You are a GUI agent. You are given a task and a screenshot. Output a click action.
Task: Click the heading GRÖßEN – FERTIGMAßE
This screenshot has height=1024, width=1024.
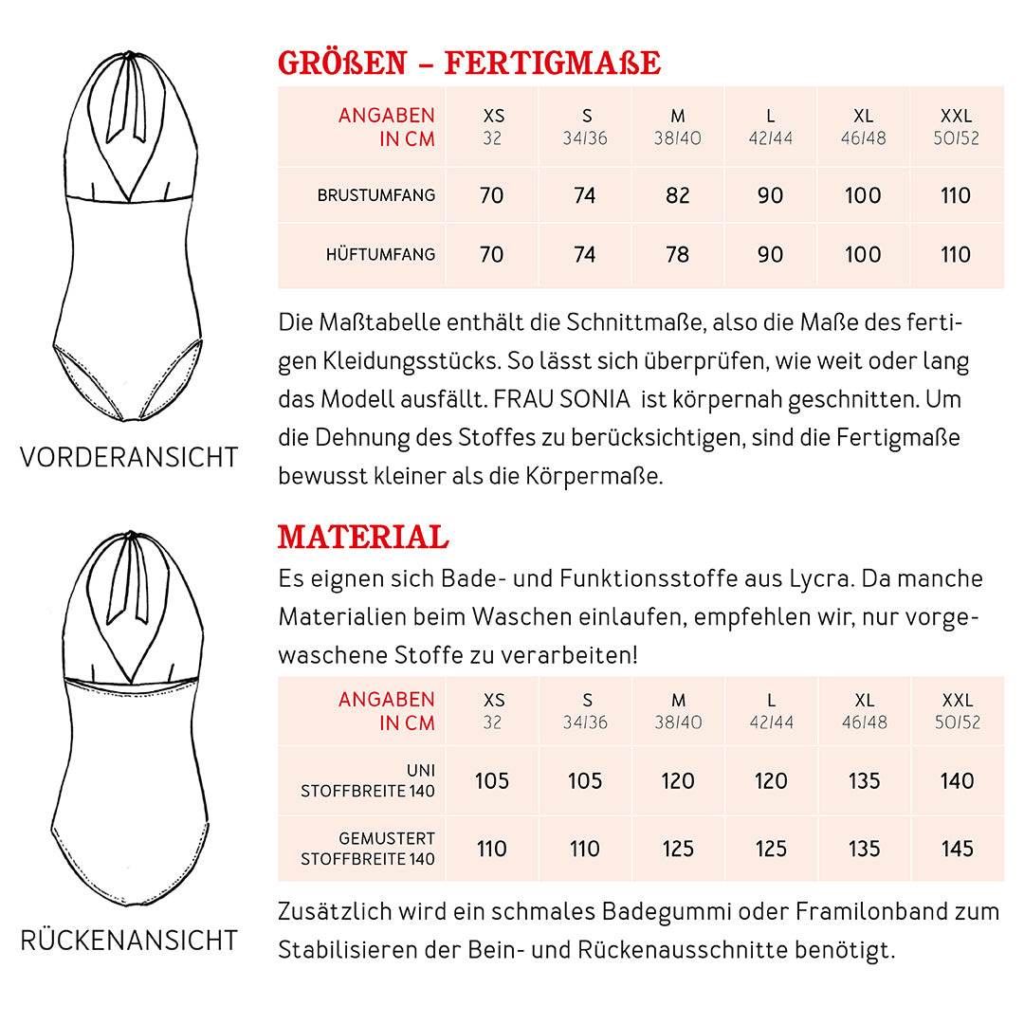pyautogui.click(x=469, y=63)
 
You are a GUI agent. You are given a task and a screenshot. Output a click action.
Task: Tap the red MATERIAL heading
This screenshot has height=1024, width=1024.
pyautogui.click(x=363, y=537)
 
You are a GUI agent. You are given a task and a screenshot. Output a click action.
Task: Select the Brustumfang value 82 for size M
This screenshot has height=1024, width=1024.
pyautogui.click(x=678, y=195)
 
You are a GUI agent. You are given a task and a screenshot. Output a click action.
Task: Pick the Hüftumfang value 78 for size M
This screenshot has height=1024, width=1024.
pyautogui.click(x=678, y=254)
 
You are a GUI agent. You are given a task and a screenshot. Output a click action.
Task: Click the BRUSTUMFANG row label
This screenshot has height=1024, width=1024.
pyautogui.click(x=376, y=195)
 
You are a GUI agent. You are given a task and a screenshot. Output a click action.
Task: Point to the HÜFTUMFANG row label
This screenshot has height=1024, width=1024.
pyautogui.click(x=380, y=254)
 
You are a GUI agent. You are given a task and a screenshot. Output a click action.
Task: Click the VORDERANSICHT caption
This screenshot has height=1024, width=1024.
pyautogui.click(x=129, y=457)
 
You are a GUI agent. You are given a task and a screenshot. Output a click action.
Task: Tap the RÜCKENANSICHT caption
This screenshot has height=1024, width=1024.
pyautogui.click(x=129, y=941)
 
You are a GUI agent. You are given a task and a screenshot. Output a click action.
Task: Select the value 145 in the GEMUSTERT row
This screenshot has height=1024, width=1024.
pyautogui.click(x=958, y=848)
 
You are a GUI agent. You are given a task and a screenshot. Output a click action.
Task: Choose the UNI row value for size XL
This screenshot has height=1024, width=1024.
pyautogui.click(x=864, y=780)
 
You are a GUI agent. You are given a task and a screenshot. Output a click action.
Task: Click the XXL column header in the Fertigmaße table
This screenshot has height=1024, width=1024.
pyautogui.click(x=957, y=116)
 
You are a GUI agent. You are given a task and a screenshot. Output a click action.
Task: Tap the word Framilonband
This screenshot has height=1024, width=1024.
pyautogui.click(x=872, y=911)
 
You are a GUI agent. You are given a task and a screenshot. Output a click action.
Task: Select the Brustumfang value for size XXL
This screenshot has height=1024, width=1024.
pyautogui.click(x=956, y=195)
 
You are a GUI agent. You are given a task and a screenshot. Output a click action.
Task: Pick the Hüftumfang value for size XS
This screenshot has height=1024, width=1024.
pyautogui.click(x=492, y=254)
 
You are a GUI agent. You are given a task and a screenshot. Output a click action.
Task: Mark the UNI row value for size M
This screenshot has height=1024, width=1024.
pyautogui.click(x=678, y=780)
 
